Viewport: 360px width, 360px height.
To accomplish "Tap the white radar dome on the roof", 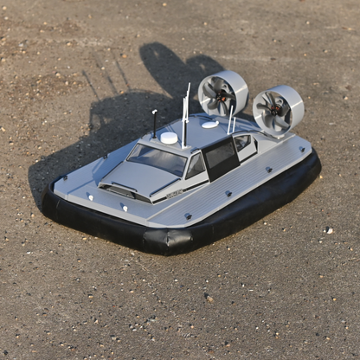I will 169,138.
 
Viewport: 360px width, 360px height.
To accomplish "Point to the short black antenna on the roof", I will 155,124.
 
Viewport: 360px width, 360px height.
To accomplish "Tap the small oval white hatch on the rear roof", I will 209,125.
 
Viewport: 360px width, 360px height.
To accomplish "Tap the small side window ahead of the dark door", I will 196,165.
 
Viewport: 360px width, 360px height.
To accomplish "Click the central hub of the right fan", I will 275,109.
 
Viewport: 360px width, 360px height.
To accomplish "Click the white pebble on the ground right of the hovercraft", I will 328,230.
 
